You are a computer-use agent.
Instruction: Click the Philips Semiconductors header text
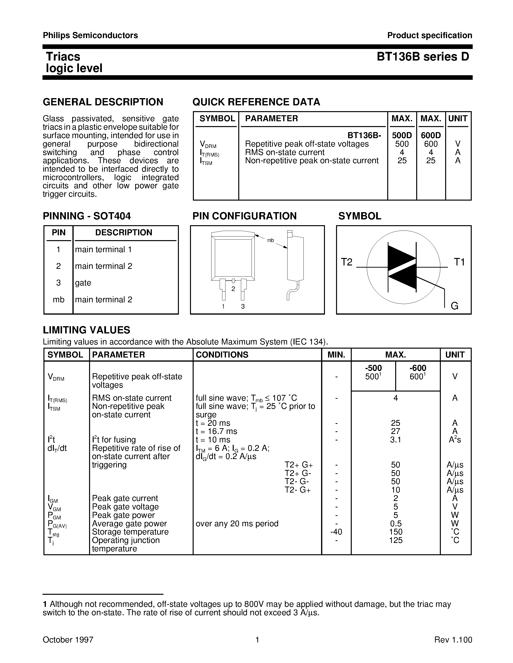90,35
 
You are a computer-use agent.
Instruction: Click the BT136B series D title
423,57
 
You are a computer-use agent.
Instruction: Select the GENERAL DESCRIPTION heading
103,102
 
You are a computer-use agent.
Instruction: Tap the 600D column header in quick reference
431,135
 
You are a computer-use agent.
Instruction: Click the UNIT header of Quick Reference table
458,119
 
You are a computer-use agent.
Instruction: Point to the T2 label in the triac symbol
346,262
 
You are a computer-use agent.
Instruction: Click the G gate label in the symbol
454,306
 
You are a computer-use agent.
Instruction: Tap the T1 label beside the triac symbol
459,262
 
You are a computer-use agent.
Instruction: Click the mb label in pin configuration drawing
270,240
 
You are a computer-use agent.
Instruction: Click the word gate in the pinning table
83,283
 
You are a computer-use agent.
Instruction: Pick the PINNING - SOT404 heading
87,216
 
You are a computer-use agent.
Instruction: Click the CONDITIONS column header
222,355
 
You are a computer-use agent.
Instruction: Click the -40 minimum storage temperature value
336,532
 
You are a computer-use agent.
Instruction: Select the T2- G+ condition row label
297,490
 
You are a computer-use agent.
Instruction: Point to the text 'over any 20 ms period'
237,524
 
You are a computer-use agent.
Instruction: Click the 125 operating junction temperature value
395,540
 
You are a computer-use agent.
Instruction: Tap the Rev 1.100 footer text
453,640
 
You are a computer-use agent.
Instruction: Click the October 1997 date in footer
68,640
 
